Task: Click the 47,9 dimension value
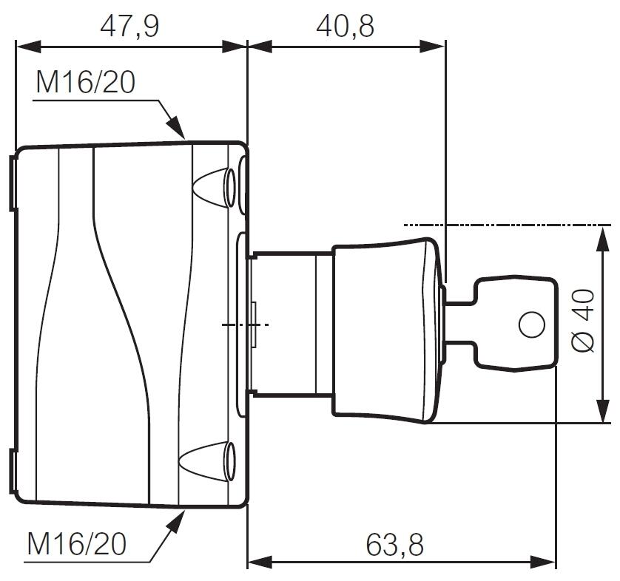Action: pos(129,27)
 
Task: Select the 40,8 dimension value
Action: pos(346,27)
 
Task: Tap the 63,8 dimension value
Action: pos(394,545)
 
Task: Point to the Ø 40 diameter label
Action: pos(584,320)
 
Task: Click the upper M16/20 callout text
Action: pos(86,83)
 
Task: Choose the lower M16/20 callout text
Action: pos(77,543)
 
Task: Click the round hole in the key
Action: pos(531,325)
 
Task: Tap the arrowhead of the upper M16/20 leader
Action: pos(175,127)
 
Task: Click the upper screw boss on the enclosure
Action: pos(214,187)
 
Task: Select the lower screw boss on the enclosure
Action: pos(208,461)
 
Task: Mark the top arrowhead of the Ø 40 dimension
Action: pos(602,239)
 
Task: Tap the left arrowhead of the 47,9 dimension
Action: pos(28,47)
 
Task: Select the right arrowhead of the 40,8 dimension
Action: pos(433,47)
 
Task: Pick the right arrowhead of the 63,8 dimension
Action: pos(543,561)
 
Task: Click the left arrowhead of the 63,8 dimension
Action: pos(260,561)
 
